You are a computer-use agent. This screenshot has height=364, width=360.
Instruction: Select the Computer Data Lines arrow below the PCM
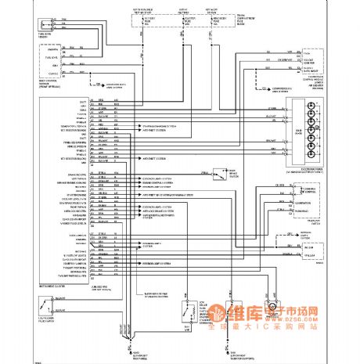[x=286, y=89]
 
